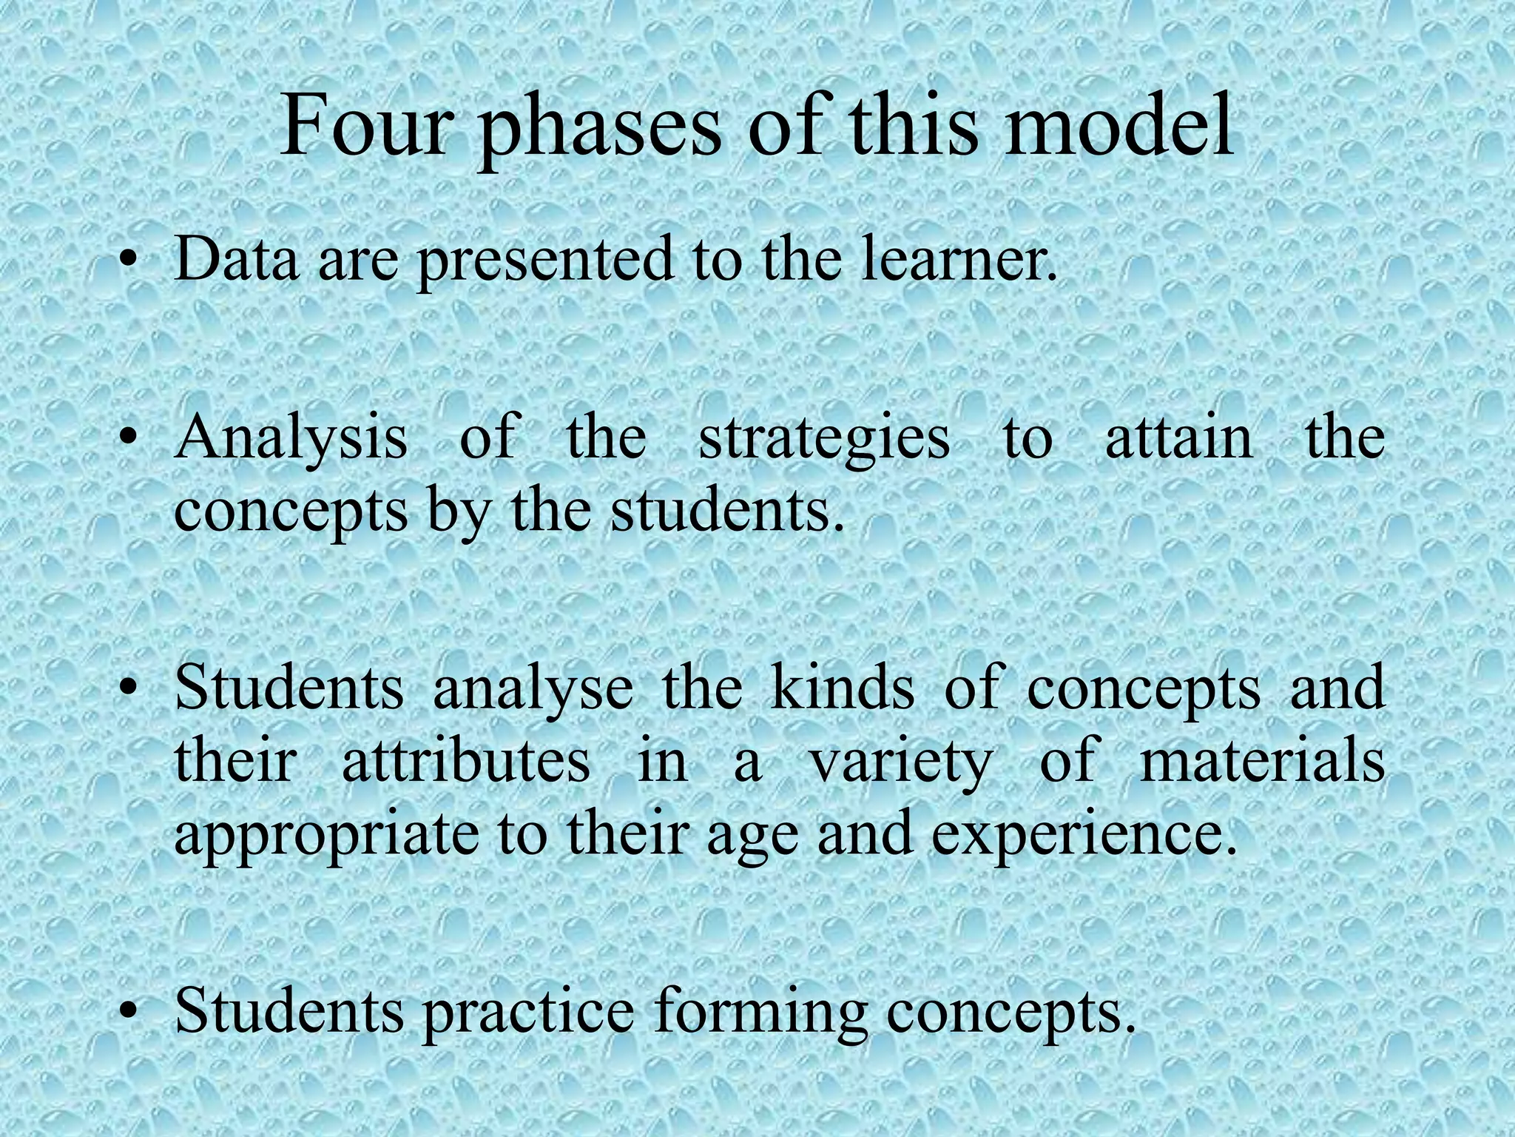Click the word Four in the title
click(364, 127)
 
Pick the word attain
click(1178, 438)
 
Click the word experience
click(1084, 836)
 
